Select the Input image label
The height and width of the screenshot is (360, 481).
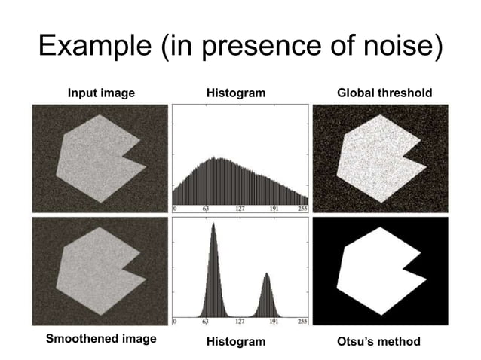101,93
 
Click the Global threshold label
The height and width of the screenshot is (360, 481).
384,93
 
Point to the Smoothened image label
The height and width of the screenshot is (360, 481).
101,339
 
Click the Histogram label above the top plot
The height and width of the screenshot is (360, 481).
236,93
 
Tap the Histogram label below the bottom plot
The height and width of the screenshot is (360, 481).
236,342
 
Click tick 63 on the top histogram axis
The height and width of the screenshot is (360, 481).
204,209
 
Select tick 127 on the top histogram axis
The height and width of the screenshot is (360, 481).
238,209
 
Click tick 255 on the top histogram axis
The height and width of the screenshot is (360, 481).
302,209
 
